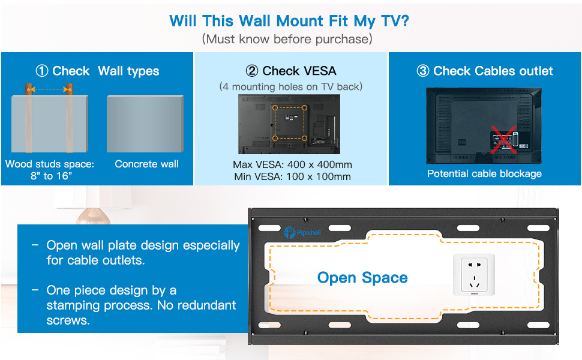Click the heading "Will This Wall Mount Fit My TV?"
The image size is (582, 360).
290,20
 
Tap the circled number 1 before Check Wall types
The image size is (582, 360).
42,71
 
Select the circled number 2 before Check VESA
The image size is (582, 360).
252,71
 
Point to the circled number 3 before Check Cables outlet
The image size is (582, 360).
423,71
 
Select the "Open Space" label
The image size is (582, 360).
362,278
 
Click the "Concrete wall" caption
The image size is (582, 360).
147,164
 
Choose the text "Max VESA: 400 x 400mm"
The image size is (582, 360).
292,164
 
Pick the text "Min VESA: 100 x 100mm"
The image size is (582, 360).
292,176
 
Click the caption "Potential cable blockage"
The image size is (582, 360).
484,173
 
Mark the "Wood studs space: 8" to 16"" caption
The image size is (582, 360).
50,169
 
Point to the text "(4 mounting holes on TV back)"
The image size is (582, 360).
291,86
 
